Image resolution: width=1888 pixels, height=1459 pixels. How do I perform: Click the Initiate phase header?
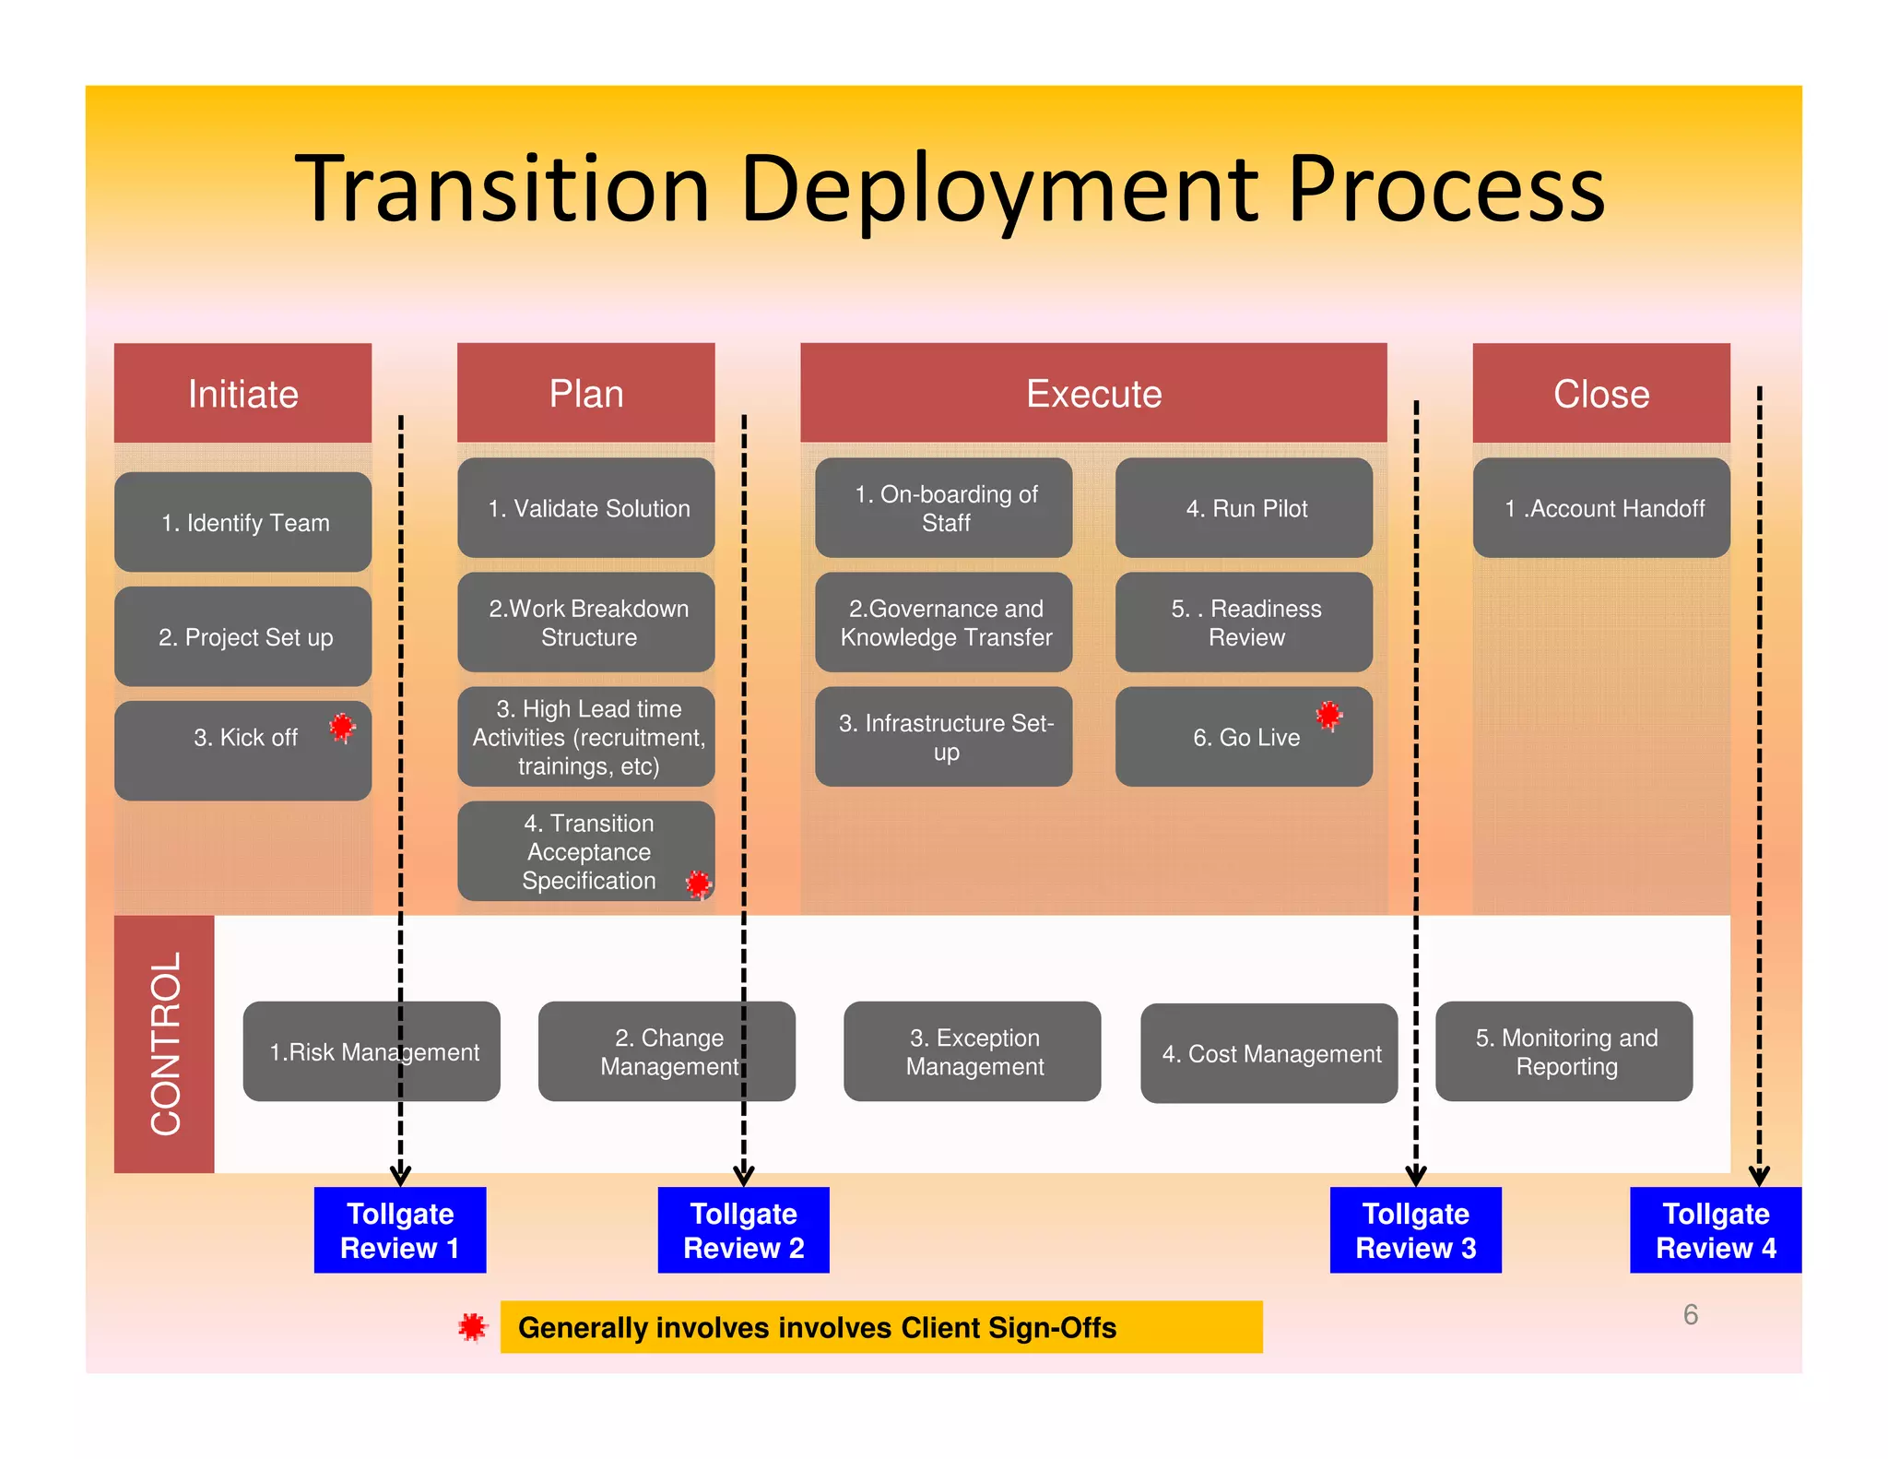click(242, 393)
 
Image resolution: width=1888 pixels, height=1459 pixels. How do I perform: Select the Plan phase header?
click(585, 393)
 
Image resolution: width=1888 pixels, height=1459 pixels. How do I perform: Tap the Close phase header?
click(1600, 393)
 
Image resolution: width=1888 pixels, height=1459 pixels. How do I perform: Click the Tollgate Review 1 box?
click(399, 1229)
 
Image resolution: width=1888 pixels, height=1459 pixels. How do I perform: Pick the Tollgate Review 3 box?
click(1415, 1229)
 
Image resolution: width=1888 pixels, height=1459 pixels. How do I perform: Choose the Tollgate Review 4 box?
click(1715, 1229)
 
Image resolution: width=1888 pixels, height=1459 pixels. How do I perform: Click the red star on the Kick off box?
click(342, 728)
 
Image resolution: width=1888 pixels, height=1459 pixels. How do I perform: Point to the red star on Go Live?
click(1328, 715)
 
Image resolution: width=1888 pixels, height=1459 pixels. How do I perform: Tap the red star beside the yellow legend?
click(472, 1327)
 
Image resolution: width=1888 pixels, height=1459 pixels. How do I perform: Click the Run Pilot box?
click(1244, 507)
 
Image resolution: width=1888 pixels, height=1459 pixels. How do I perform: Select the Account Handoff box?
click(1600, 507)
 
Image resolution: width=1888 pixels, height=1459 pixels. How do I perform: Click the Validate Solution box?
click(585, 507)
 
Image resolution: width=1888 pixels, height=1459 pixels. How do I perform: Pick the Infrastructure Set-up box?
click(943, 736)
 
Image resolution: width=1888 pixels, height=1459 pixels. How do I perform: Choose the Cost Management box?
click(1268, 1052)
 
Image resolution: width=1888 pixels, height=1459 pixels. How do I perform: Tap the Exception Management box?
click(972, 1051)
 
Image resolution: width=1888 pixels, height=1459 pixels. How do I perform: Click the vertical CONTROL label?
click(165, 1043)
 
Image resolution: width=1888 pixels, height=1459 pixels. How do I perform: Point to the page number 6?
click(1690, 1314)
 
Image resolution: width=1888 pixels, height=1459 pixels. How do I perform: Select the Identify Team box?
click(242, 522)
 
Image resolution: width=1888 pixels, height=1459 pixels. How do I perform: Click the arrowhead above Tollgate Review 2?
click(743, 1176)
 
